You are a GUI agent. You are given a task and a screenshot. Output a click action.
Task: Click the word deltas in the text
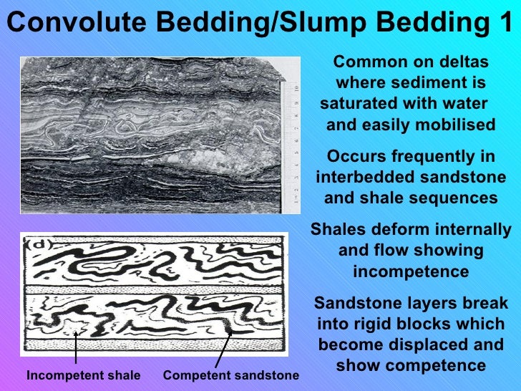pyautogui.click(x=463, y=62)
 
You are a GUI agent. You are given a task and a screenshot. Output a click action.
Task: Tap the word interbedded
pyautogui.click(x=362, y=178)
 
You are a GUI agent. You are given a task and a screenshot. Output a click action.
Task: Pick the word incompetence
pyautogui.click(x=411, y=273)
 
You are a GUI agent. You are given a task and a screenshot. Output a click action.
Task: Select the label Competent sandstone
pyautogui.click(x=230, y=376)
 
